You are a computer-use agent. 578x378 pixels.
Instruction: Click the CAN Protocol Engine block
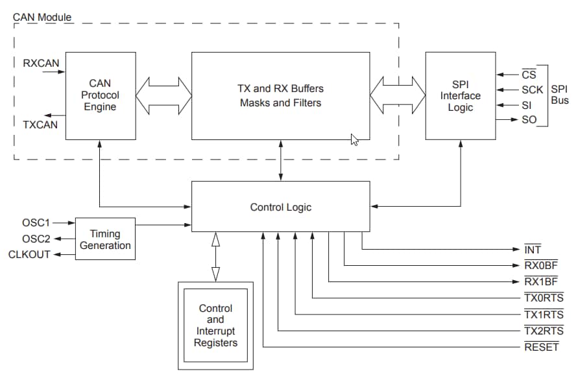[x=101, y=95]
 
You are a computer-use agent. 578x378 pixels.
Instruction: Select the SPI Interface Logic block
[x=461, y=95]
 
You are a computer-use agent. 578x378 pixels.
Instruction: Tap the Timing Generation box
[x=105, y=239]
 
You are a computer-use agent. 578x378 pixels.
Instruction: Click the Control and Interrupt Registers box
[x=215, y=325]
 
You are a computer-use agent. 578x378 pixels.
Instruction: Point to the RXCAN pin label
[x=41, y=63]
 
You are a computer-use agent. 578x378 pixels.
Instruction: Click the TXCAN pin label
[x=41, y=124]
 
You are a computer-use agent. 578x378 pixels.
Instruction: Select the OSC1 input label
[x=36, y=223]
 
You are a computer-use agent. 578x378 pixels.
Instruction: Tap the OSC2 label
[x=36, y=239]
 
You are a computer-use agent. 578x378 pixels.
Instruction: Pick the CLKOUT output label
[x=29, y=254]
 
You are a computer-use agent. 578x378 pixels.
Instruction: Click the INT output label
[x=533, y=250]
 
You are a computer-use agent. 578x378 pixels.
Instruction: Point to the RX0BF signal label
[x=541, y=265]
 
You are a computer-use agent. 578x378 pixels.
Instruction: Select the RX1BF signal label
[x=541, y=281]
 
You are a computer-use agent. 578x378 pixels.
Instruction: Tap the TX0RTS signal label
[x=544, y=298]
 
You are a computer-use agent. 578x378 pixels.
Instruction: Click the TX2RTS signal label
[x=544, y=331]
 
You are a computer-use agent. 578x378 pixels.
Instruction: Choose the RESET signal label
[x=541, y=347]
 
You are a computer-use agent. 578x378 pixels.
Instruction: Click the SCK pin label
[x=532, y=90]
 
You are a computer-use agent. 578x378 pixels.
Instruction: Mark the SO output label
[x=529, y=120]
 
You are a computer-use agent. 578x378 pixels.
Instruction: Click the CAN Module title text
[x=42, y=17]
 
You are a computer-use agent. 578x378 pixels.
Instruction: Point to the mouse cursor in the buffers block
[x=354, y=139]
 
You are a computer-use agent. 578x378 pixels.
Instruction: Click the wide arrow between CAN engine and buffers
[x=163, y=95]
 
